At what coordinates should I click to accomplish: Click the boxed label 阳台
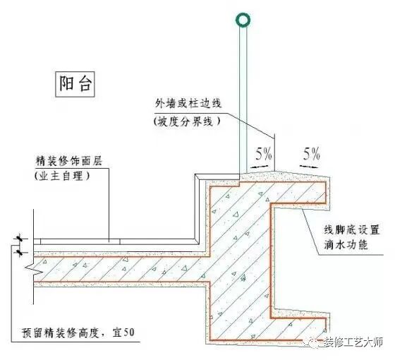74,85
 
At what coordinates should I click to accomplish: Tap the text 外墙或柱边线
188,103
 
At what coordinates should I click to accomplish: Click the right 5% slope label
310,152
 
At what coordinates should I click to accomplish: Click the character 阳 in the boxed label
66,85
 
